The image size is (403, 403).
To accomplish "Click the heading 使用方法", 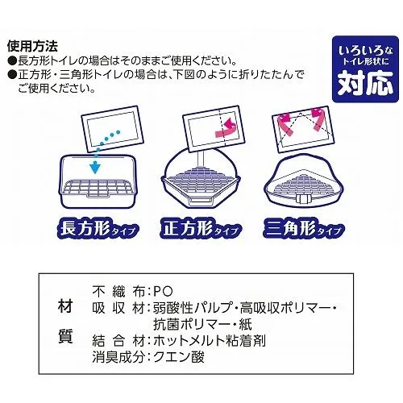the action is pyautogui.click(x=32, y=47).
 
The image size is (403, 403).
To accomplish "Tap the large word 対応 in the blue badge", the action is pyautogui.click(x=365, y=83).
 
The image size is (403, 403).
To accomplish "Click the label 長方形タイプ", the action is pyautogui.click(x=98, y=230).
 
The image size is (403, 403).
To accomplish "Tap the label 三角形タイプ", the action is pyautogui.click(x=304, y=229).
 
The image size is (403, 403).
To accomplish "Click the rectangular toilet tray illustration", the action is pyautogui.click(x=98, y=181).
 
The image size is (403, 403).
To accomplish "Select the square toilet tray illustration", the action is pyautogui.click(x=201, y=178).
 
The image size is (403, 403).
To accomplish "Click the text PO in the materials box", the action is pyautogui.click(x=163, y=292).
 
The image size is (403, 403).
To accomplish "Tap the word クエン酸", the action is pyautogui.click(x=179, y=357).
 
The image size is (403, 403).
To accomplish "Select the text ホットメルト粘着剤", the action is pyautogui.click(x=210, y=341).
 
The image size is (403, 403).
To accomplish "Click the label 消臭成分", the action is pyautogui.click(x=118, y=357).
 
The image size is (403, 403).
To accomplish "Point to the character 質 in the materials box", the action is pyautogui.click(x=65, y=336).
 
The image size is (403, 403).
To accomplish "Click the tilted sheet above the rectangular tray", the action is pyautogui.click(x=112, y=129).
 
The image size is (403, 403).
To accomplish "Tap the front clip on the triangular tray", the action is pyautogui.click(x=303, y=199).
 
